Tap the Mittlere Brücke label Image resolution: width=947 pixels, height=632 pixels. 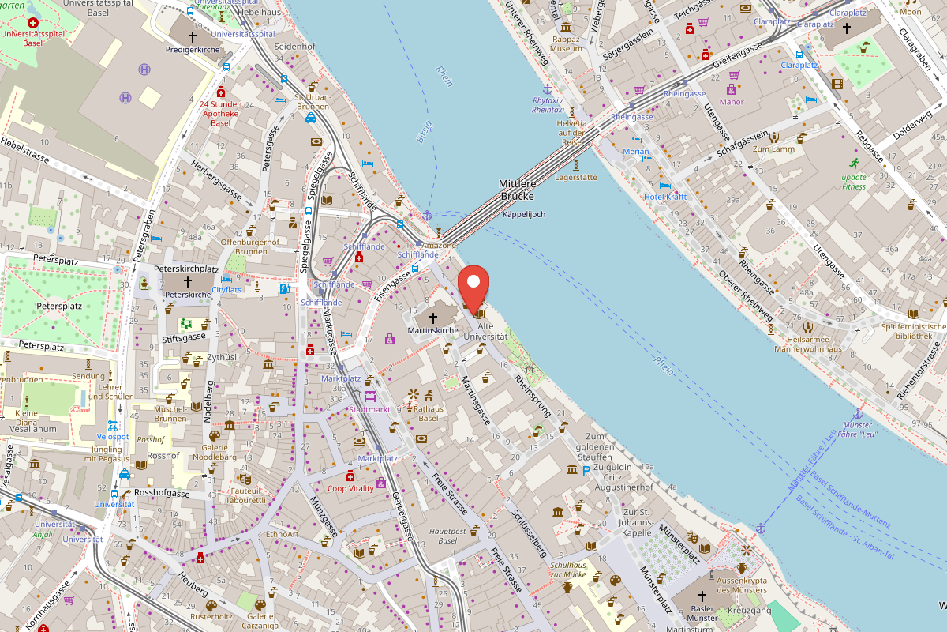pos(517,190)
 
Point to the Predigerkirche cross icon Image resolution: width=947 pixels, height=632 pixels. pos(192,36)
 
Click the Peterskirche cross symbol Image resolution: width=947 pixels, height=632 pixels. pos(188,281)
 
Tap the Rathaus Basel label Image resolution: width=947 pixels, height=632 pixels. pos(429,413)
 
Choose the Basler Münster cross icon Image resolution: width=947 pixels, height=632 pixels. pos(702,596)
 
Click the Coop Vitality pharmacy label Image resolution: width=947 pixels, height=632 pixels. pos(350,488)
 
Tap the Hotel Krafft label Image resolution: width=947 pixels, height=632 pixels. pos(665,197)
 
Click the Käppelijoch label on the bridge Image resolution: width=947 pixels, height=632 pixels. pos(523,214)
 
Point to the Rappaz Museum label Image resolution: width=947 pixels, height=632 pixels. pos(566,43)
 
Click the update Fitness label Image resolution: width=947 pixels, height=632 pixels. pos(853,181)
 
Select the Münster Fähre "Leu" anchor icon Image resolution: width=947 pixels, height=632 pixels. pos(858,414)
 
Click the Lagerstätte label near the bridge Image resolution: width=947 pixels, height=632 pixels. pos(576,178)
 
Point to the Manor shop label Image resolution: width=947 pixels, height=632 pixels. pos(732,101)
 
